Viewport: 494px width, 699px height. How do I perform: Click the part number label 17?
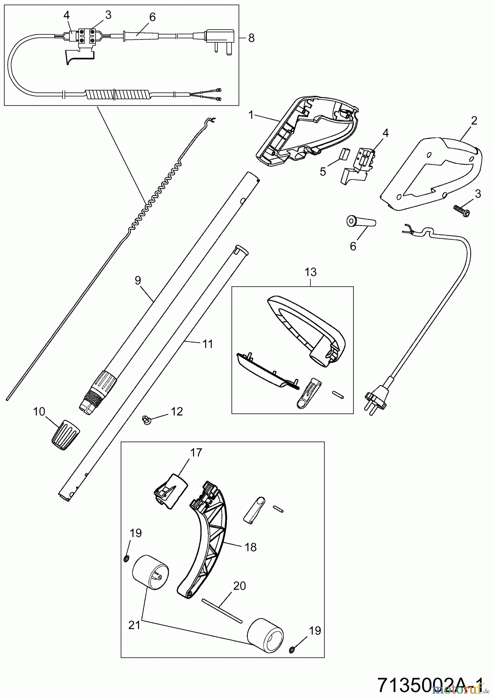pos(196,453)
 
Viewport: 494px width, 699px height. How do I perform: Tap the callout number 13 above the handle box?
pos(311,272)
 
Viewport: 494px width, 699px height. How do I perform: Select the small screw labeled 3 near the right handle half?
pos(462,210)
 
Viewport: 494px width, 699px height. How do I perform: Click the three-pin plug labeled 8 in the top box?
pos(221,38)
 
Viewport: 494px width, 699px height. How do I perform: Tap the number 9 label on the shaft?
pos(138,280)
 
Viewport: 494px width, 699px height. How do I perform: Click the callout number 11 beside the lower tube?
pos(208,344)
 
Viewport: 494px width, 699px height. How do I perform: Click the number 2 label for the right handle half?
pos(473,121)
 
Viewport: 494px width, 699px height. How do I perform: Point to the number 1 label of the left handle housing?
pos(251,115)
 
